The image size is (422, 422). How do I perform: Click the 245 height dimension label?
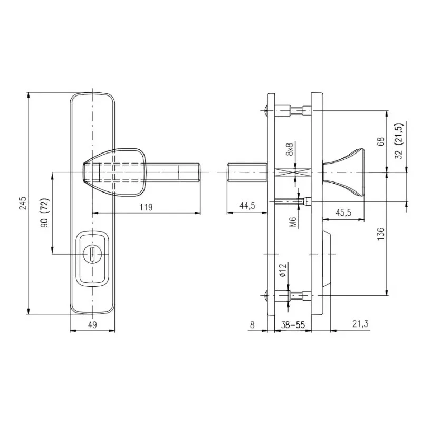click(23, 203)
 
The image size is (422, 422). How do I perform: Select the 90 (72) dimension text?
click(45, 213)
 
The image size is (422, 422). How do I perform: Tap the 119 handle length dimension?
click(146, 207)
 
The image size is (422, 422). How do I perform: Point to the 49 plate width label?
click(92, 325)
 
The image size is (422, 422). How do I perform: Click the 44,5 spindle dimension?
click(247, 206)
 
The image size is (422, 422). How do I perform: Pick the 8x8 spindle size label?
click(290, 149)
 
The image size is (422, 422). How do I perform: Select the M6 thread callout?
click(293, 222)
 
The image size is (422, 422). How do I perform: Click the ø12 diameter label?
click(283, 270)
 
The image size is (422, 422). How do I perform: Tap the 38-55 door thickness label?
click(293, 325)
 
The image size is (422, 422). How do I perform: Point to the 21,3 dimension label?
click(360, 324)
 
